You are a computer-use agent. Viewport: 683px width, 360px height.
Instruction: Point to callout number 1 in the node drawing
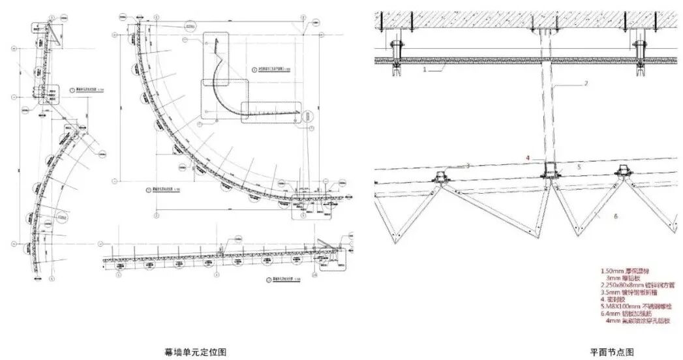(x=425, y=68)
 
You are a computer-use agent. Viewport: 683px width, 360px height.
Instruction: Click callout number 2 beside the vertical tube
(x=586, y=83)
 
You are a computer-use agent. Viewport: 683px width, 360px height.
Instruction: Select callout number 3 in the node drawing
(x=468, y=166)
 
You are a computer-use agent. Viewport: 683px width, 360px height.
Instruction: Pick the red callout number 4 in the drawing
(x=528, y=158)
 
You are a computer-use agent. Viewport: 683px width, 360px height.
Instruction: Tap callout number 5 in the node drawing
(x=578, y=167)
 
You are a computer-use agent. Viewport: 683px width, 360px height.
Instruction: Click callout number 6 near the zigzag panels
(x=615, y=215)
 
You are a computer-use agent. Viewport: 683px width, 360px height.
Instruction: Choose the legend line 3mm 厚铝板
(x=626, y=277)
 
